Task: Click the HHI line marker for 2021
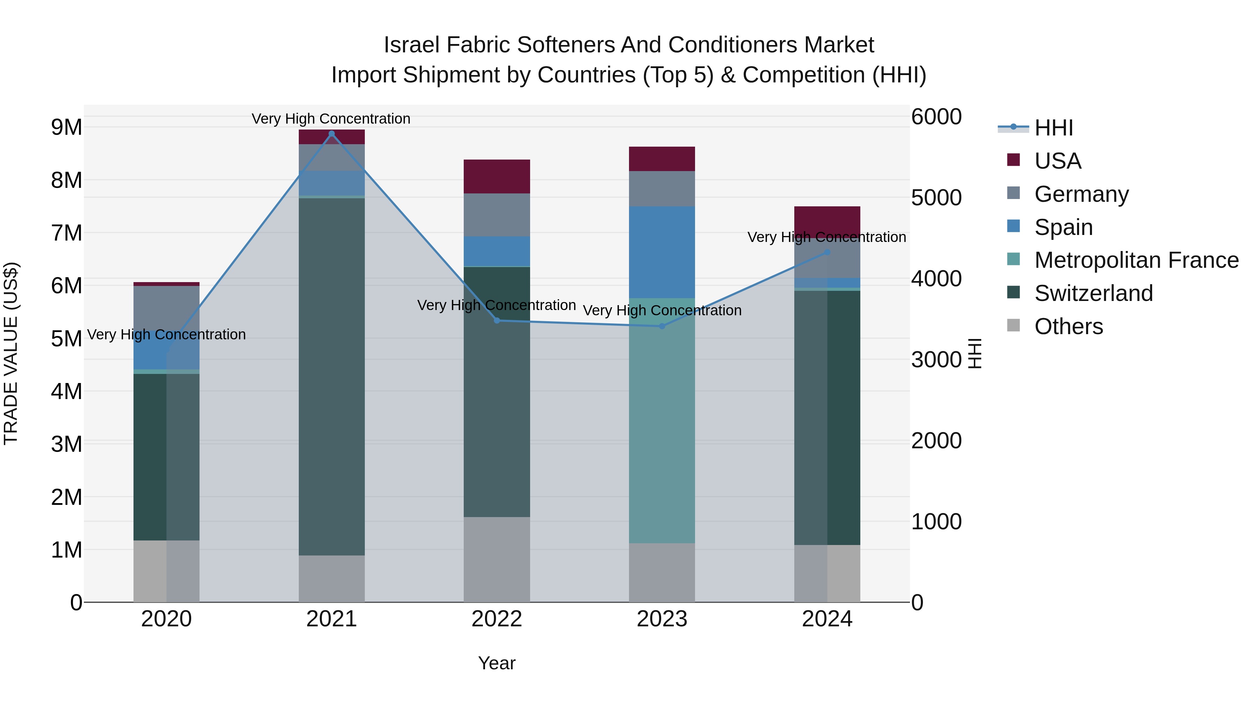332,134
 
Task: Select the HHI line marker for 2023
662,326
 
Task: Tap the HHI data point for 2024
827,252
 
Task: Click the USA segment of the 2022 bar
497,177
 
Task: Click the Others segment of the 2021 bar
332,579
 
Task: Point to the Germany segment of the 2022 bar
497,215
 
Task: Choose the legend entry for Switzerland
1093,293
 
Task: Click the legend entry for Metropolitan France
1136,260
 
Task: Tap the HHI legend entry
1053,128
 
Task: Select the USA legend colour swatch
1013,160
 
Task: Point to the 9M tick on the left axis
66,127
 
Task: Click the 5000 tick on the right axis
936,198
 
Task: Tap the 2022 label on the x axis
497,619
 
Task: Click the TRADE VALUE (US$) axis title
11,353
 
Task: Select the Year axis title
497,663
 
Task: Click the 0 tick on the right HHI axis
918,603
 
